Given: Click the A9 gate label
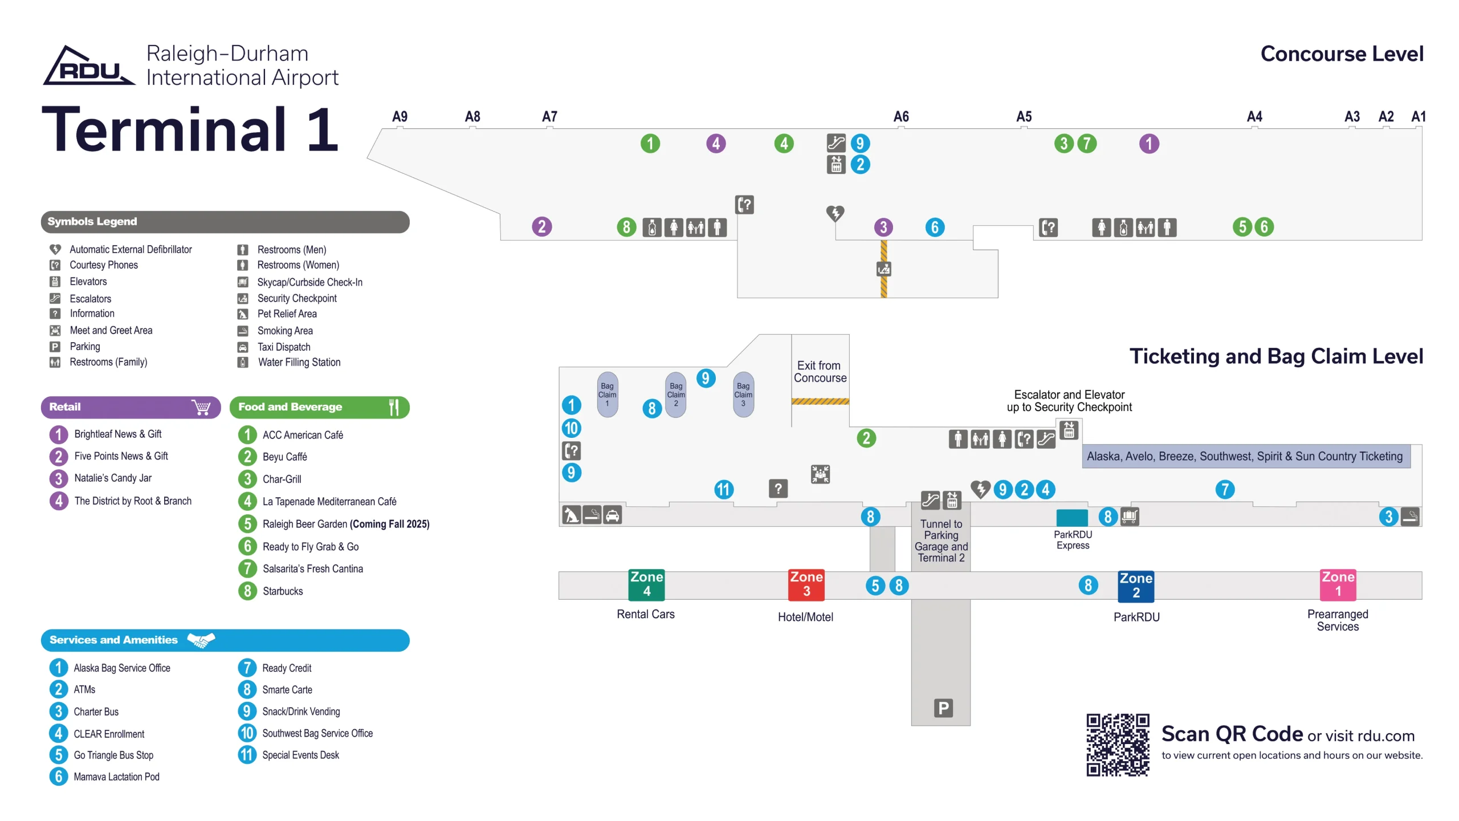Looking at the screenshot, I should pyautogui.click(x=400, y=117).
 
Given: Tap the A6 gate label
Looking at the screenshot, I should pyautogui.click(x=900, y=117).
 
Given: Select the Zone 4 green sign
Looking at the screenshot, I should pyautogui.click(x=646, y=584).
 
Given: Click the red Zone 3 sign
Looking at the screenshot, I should pyautogui.click(x=806, y=584).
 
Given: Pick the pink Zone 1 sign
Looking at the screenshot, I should pyautogui.click(x=1338, y=584).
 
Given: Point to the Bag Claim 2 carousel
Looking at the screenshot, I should pyautogui.click(x=676, y=395).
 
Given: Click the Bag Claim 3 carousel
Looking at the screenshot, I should pyautogui.click(x=743, y=395).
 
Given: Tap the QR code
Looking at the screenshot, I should pyautogui.click(x=1117, y=744).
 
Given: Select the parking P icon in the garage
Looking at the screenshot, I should pyautogui.click(x=943, y=708).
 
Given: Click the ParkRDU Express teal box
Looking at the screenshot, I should pyautogui.click(x=1071, y=518).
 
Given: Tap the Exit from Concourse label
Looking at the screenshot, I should pyautogui.click(x=820, y=372).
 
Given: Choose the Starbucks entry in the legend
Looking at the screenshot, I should pyautogui.click(x=282, y=591).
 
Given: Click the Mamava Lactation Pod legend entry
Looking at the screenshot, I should pyautogui.click(x=116, y=777).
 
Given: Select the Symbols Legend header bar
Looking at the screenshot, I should pyautogui.click(x=225, y=222).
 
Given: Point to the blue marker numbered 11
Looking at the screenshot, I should pyautogui.click(x=723, y=489).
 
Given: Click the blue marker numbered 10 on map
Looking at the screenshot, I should pyautogui.click(x=571, y=428).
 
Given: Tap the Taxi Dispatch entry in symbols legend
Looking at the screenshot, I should pyautogui.click(x=283, y=347).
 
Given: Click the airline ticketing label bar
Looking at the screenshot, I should pyautogui.click(x=1245, y=456).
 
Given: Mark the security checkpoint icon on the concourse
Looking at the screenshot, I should pyautogui.click(x=883, y=269).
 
